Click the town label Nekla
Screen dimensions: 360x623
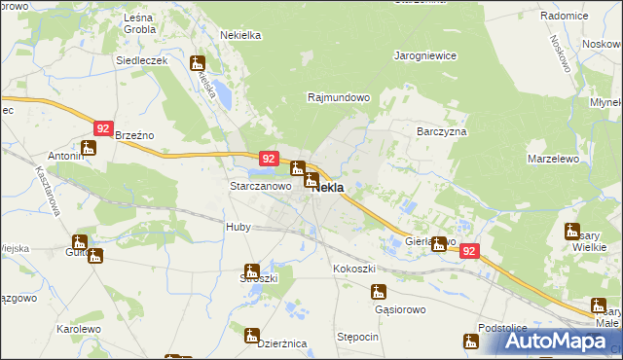329,188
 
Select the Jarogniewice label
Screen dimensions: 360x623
425,55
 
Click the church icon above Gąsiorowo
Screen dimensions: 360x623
379,290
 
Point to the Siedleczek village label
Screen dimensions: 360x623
143,60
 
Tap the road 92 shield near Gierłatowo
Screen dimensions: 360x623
470,250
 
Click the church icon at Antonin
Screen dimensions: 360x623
89,148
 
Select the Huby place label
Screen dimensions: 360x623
238,227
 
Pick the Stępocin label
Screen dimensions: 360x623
357,337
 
